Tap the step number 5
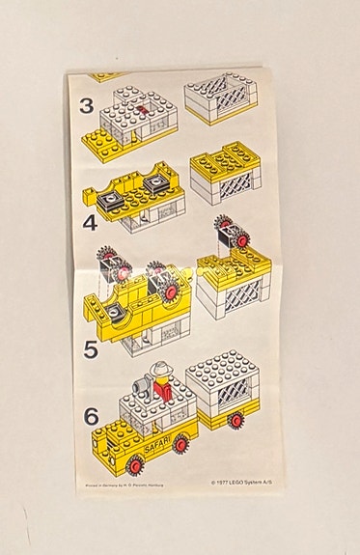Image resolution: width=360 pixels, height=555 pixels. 90,348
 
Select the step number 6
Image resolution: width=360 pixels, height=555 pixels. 92,417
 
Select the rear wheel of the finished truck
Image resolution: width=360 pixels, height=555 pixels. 180,444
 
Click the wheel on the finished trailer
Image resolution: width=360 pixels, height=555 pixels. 236,420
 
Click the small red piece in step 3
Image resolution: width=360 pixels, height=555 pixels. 142,110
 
